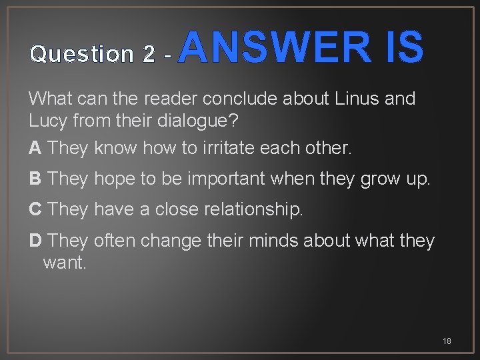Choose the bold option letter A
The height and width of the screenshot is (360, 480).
pos(35,148)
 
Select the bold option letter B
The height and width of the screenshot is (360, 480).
pos(35,179)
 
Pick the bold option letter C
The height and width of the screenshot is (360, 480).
pos(35,209)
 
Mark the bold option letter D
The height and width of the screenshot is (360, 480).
pos(35,240)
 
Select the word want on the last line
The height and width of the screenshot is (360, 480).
pos(64,263)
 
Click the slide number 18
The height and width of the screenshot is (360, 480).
pos(447,341)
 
